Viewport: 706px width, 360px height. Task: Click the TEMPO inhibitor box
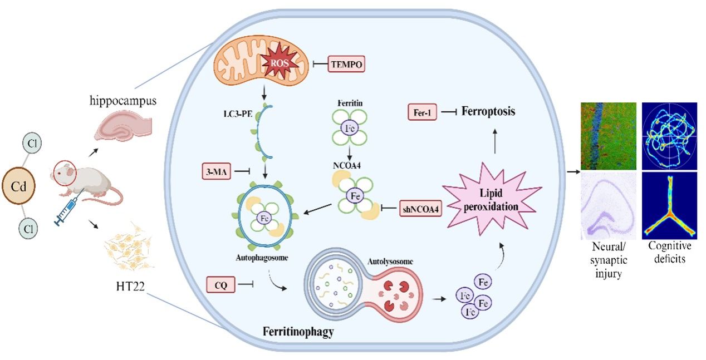coord(346,65)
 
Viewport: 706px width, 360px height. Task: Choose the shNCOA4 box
coord(416,210)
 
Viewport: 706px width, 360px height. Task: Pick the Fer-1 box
coord(424,112)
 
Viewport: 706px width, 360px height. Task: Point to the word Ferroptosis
coord(487,112)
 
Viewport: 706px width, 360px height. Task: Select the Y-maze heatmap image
coord(670,205)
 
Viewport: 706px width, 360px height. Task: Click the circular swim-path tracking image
coord(670,136)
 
